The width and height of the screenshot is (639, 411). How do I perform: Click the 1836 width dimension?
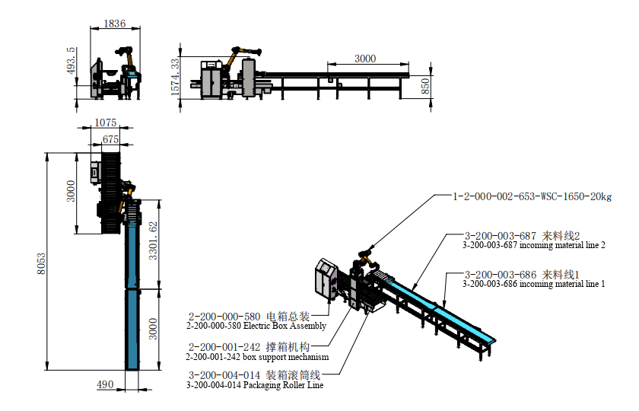(x=115, y=24)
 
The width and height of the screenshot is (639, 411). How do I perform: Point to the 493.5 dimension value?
(x=71, y=60)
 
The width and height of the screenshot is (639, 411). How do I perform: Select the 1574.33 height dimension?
(x=175, y=78)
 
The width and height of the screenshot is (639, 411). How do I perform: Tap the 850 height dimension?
(x=425, y=87)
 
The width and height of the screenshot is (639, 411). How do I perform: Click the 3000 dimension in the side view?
(x=365, y=59)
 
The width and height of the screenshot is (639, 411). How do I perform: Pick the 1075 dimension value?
(x=106, y=123)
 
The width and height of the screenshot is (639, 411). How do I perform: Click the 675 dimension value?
(x=110, y=139)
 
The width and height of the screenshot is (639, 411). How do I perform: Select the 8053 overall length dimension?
(x=41, y=264)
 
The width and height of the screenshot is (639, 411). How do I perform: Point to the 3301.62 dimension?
(x=153, y=241)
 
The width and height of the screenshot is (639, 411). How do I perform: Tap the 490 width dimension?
(x=105, y=384)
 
